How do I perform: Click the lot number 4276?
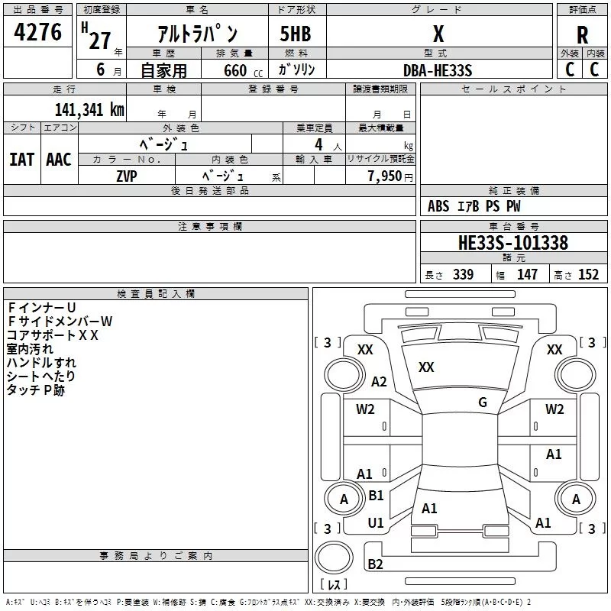(38, 33)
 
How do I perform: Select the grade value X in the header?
(438, 34)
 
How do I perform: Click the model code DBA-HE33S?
(438, 70)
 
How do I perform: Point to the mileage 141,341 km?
(89, 109)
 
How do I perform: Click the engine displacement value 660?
(234, 71)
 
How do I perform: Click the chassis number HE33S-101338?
(513, 244)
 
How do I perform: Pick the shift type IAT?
(21, 160)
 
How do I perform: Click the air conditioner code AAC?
(59, 160)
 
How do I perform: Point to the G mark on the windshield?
(483, 402)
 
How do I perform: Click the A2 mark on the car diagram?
(379, 382)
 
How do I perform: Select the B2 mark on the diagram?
(375, 564)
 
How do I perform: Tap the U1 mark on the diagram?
(376, 523)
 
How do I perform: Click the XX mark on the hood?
(426, 367)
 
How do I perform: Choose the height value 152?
(588, 275)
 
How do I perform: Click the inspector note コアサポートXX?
(53, 335)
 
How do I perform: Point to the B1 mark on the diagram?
(376, 496)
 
